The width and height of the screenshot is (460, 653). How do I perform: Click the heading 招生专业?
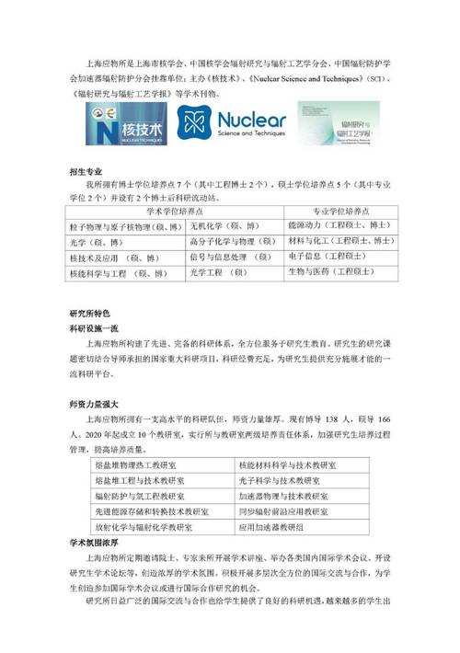[x=85, y=172]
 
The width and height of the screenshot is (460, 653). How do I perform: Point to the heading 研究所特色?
[x=88, y=313]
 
